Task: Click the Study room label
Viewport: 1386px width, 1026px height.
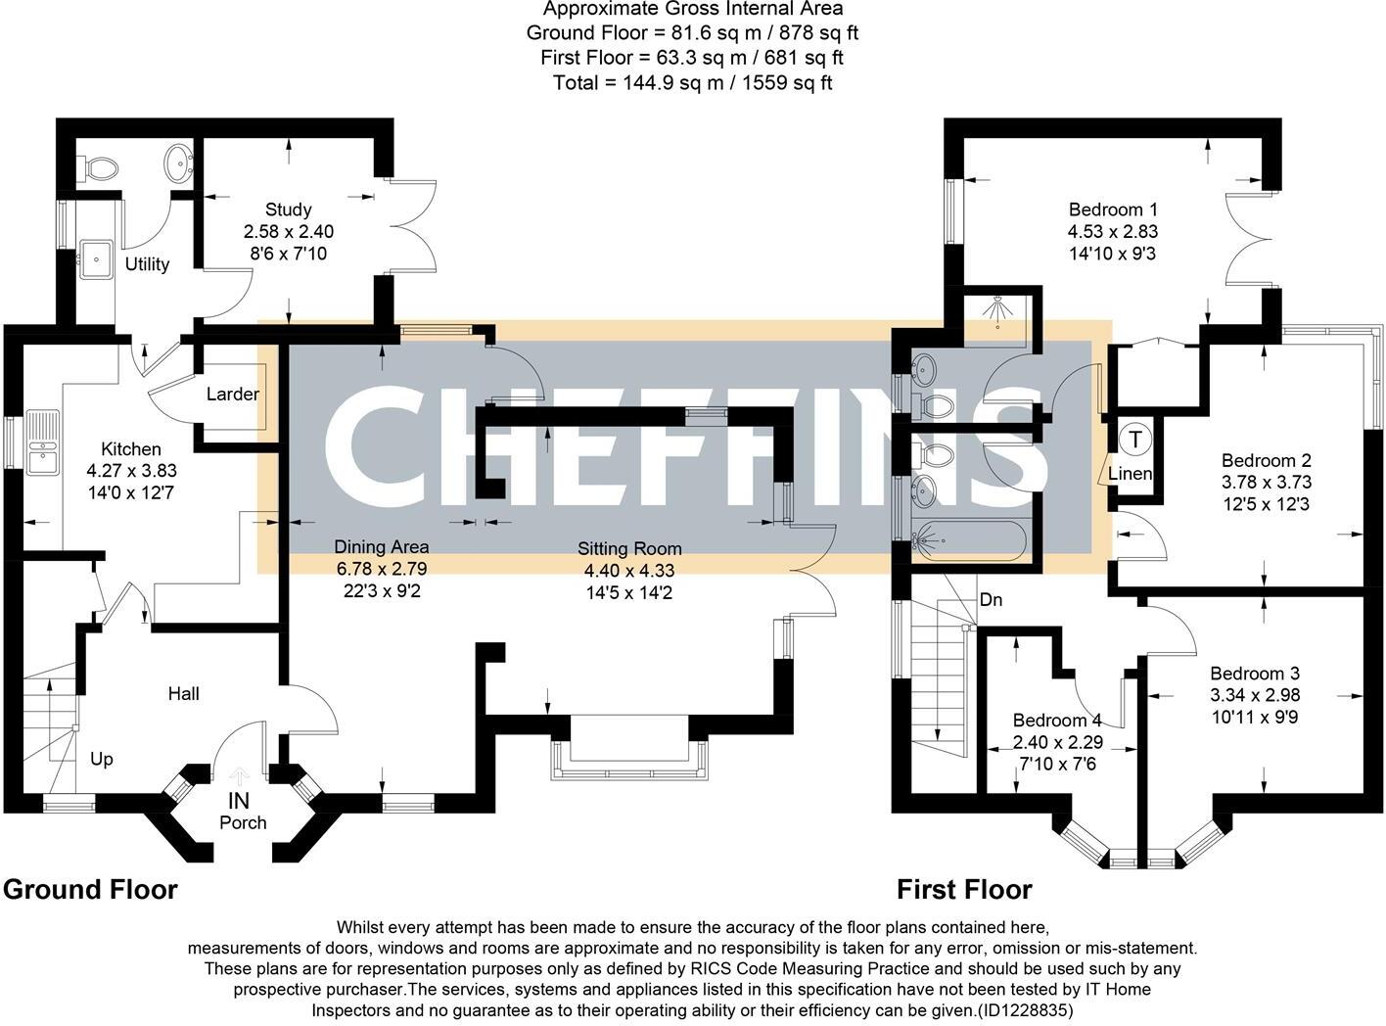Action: (x=288, y=210)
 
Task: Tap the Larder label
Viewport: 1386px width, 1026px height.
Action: (x=232, y=395)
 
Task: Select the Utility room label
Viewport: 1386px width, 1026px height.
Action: (x=147, y=264)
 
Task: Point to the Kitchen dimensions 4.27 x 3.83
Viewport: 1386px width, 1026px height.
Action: (x=131, y=471)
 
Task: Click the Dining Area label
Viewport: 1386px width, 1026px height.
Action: (x=381, y=547)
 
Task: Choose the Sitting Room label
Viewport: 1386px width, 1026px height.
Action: (x=629, y=549)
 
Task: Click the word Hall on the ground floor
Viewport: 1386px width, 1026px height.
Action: (x=183, y=694)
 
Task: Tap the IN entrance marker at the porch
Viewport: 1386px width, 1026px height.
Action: (x=239, y=801)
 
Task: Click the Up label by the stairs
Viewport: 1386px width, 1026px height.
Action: (x=102, y=760)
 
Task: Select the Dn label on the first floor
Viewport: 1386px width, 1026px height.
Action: (x=991, y=600)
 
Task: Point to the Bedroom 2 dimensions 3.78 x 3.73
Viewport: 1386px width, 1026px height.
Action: (x=1266, y=483)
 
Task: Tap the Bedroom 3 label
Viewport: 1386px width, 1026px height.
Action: (x=1255, y=674)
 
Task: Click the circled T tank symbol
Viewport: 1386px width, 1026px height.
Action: (x=1134, y=440)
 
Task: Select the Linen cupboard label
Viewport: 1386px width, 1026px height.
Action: (x=1130, y=475)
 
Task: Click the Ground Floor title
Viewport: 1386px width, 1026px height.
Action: (x=90, y=890)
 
